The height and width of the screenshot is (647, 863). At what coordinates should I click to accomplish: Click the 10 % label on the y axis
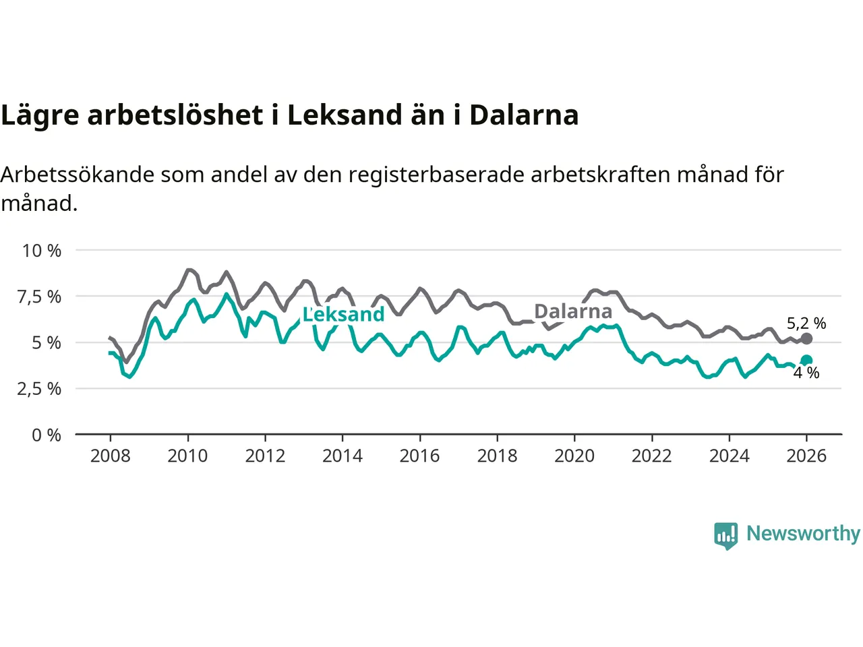(42, 251)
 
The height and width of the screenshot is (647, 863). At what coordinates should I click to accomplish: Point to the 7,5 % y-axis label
(39, 297)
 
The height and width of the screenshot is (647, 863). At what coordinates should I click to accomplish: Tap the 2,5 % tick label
(39, 389)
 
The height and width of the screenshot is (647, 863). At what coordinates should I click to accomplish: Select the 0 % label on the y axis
(47, 435)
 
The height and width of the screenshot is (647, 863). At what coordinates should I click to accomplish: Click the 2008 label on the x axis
(110, 456)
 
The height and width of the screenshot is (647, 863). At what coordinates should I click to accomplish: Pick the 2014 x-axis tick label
(342, 456)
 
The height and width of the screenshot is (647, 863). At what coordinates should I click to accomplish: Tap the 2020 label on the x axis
(574, 456)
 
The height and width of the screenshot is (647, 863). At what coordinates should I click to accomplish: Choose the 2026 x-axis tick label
(806, 456)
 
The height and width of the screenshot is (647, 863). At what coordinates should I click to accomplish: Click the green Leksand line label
(343, 314)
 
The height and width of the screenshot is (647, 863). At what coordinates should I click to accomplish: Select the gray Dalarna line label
(573, 311)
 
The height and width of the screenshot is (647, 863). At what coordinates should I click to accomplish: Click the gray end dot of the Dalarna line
(806, 338)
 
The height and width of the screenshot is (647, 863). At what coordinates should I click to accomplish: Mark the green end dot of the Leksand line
(806, 361)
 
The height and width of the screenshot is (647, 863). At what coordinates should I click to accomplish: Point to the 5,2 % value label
(806, 323)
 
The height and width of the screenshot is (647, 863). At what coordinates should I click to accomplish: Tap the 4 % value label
(806, 373)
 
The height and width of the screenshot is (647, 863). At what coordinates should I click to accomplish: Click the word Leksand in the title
(343, 115)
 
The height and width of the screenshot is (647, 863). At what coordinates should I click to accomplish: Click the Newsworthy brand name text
(803, 534)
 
